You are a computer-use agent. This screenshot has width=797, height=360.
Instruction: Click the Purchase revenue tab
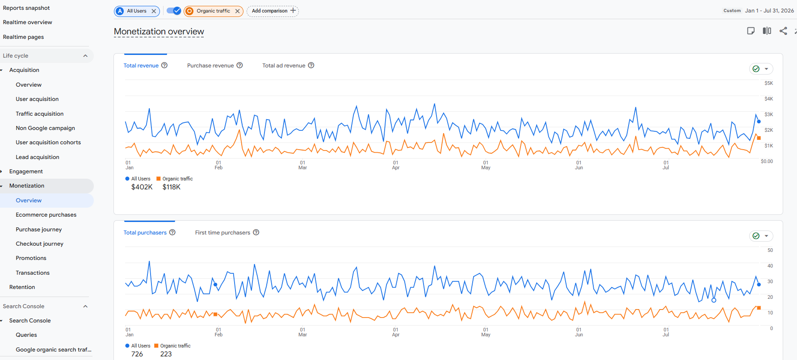coord(210,66)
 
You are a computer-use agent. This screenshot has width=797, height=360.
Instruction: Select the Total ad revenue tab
coord(284,66)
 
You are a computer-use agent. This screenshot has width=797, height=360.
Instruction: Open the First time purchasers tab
coord(222,233)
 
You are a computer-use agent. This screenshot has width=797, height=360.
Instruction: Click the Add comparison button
coord(273,11)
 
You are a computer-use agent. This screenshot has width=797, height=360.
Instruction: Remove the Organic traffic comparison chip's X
coord(237,11)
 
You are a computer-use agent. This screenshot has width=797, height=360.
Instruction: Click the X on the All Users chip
coord(154,11)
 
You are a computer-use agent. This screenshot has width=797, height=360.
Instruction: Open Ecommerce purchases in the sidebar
coord(46,215)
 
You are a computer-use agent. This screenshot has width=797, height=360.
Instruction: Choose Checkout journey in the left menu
coord(39,244)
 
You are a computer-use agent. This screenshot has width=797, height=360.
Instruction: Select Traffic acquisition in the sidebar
coord(39,114)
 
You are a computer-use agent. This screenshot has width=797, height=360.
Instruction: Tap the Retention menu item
coord(22,287)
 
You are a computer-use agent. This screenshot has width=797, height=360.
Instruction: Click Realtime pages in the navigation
coord(23,37)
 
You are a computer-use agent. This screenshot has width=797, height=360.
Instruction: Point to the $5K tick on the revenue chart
coord(768,84)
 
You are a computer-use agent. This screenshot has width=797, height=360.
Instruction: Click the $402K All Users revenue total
coord(142,187)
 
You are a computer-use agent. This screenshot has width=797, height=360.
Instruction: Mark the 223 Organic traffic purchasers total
coord(166,354)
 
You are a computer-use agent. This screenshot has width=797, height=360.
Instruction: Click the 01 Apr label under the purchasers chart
coord(395,332)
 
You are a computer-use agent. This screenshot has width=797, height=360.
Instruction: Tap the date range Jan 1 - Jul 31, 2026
coord(769,11)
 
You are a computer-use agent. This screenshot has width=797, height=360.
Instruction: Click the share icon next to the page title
coord(783,31)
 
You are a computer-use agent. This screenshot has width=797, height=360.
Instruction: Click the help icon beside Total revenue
coord(164,65)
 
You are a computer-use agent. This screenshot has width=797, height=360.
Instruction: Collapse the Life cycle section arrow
coord(85,56)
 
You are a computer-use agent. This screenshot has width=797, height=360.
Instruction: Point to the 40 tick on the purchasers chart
coord(770,266)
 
